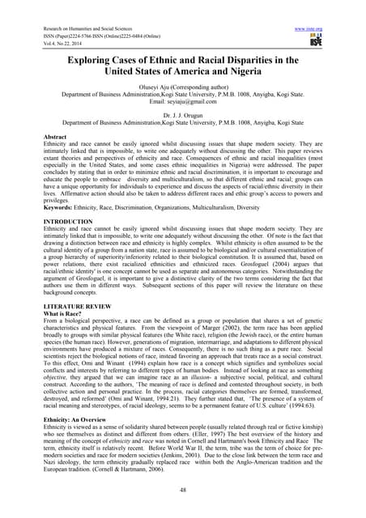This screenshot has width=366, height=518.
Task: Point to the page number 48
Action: pyautogui.click(x=184, y=489)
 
